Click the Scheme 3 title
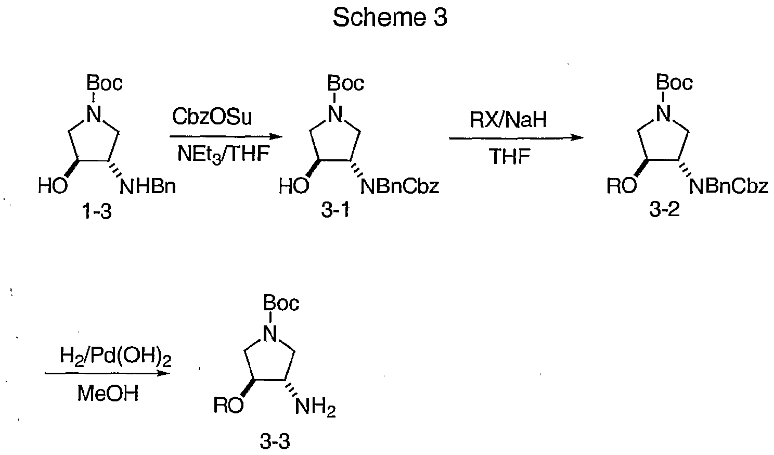click(x=390, y=17)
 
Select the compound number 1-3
click(x=97, y=211)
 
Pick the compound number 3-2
click(x=664, y=209)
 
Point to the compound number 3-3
click(x=275, y=441)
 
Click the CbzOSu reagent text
click(x=212, y=117)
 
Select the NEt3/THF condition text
click(x=223, y=154)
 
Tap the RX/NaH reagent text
click(x=508, y=120)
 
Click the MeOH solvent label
click(x=108, y=394)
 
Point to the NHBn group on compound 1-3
click(x=148, y=187)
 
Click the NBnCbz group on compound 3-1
click(x=400, y=186)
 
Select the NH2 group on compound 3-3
click(x=315, y=407)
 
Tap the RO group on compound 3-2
click(x=622, y=186)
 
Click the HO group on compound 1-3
click(x=53, y=186)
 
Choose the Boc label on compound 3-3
click(x=281, y=303)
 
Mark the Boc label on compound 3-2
click(x=674, y=83)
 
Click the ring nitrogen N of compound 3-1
click(x=335, y=113)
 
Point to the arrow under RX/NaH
click(x=516, y=137)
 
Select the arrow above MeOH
click(x=107, y=373)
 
